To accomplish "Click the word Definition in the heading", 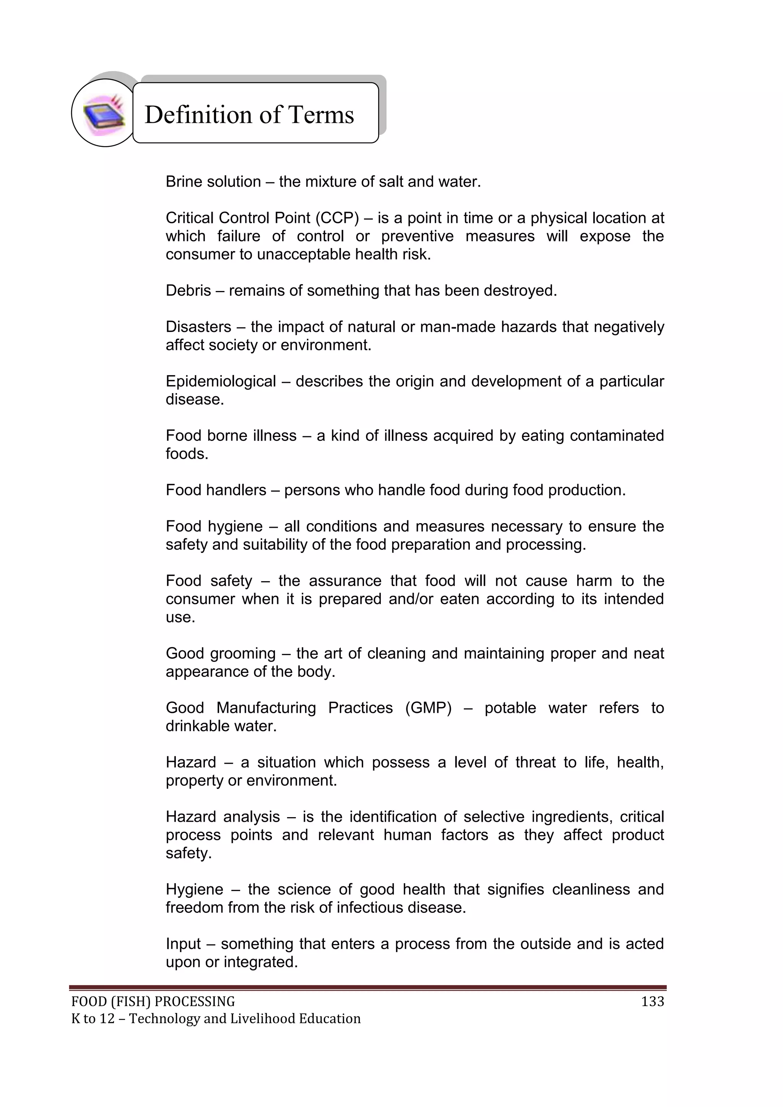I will (199, 115).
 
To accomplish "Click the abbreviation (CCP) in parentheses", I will (337, 218).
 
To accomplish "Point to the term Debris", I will (188, 291).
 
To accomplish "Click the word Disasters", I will (198, 327).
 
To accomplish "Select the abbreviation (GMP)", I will (428, 708).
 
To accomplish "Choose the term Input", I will (183, 944).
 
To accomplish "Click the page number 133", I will (652, 1002).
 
